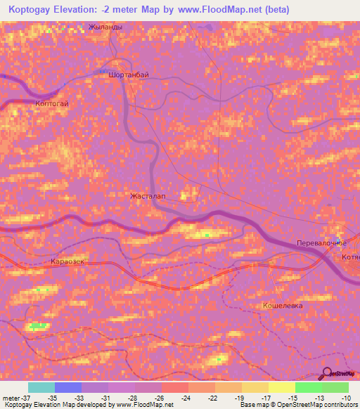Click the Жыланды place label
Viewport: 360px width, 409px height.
[105, 27]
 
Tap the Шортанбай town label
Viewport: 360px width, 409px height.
[129, 74]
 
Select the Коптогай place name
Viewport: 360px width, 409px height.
[51, 103]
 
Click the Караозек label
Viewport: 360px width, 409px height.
[68, 262]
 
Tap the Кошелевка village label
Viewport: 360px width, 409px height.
[282, 306]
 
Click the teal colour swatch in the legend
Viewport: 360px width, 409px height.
[41, 387]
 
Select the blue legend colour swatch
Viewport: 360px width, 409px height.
[68, 387]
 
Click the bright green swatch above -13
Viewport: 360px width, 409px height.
[308, 387]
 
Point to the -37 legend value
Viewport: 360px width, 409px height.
[29, 397]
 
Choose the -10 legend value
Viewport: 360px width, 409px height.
[347, 397]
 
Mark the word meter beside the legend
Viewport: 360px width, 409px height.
[11, 397]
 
